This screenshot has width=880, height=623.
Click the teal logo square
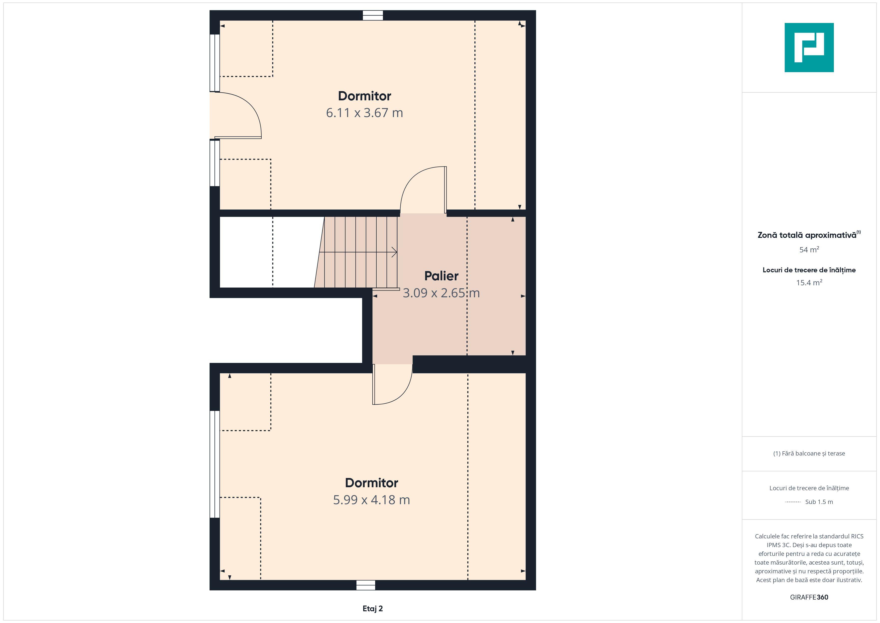coord(809,48)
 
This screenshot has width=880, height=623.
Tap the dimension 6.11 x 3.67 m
coord(364,113)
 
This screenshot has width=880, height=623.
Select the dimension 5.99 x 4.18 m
coord(371,500)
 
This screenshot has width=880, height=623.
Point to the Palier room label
coord(441,276)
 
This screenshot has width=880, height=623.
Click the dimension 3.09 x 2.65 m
coord(441,293)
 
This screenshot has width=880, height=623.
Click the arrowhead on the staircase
coord(394,252)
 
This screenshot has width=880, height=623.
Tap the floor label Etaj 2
coord(373,609)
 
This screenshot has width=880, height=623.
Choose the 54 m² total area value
coord(809,249)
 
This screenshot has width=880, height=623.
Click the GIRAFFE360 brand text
coord(809,597)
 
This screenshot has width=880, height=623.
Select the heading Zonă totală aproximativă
coord(809,235)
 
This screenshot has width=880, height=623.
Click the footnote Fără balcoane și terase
coord(809,454)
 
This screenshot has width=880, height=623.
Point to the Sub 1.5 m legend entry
coord(819,502)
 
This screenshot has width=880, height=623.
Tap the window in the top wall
coord(373,15)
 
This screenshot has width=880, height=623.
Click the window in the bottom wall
coord(366,585)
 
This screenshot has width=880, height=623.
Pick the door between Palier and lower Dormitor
coord(392,384)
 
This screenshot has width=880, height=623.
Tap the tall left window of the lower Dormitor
coord(215,464)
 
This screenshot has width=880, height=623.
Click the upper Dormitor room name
coord(364,96)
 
